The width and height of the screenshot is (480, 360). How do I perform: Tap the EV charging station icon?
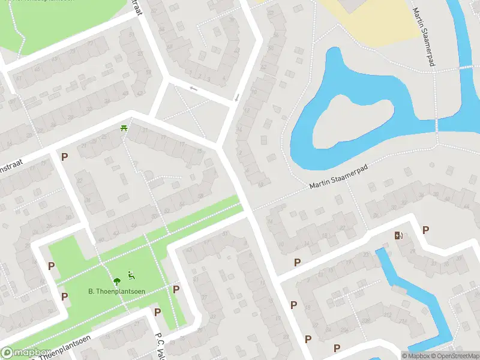coord(398,235)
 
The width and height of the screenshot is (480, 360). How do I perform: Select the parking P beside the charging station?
coord(425,230)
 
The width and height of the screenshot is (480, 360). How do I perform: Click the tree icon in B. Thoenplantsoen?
coord(116,280)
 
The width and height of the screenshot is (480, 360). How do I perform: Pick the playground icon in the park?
coord(131,277)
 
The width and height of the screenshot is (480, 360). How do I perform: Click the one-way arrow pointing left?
coord(193,89)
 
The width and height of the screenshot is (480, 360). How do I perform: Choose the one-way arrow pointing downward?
coord(237,97)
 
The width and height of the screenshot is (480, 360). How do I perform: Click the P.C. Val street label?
coord(160,345)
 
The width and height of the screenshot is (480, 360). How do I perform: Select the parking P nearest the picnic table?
coord(64,157)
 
